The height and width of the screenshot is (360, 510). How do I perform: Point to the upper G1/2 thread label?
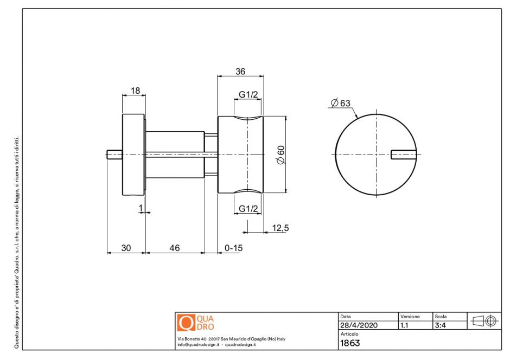(x=248, y=95)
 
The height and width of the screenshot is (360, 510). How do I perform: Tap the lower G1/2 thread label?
(x=248, y=208)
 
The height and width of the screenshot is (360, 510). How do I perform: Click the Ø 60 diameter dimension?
(x=280, y=155)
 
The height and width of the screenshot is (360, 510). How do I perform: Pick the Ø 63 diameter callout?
(x=340, y=103)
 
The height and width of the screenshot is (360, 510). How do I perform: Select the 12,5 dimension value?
(x=280, y=228)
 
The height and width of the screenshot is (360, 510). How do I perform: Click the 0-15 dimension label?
(x=233, y=248)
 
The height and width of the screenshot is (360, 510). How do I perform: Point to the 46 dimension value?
(x=175, y=248)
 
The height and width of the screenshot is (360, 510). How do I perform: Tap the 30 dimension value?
(x=126, y=248)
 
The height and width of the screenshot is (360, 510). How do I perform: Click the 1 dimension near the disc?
(x=141, y=208)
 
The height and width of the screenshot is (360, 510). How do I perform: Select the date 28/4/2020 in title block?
(x=359, y=325)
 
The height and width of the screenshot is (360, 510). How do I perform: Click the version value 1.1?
(x=404, y=325)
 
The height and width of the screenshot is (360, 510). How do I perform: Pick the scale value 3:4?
(x=441, y=325)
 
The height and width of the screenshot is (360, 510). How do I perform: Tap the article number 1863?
(x=350, y=343)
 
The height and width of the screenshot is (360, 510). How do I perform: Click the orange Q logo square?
(x=186, y=323)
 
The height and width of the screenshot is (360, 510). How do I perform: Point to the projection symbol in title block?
(x=484, y=321)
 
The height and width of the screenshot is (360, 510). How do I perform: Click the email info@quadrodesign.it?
(x=198, y=344)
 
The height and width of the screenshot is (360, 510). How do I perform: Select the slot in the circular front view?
(x=404, y=155)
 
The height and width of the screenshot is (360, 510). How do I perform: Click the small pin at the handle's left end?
(x=114, y=155)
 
